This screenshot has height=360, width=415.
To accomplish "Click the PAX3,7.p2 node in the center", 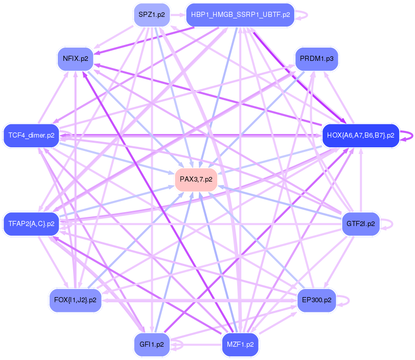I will (196, 179).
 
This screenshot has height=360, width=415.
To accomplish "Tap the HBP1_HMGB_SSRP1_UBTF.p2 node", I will (240, 15).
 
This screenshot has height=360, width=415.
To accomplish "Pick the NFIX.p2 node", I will (75, 59).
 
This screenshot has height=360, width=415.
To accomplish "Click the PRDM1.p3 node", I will (316, 59).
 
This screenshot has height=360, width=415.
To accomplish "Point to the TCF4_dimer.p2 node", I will (31, 136).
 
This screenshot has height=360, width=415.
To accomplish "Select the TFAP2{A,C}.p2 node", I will (31, 224).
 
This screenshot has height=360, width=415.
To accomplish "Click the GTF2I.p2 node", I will (360, 224).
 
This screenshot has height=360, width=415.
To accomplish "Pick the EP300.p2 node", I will (316, 300).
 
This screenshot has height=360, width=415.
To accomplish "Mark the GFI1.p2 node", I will (152, 344).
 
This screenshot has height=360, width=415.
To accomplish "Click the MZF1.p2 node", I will (240, 344).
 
